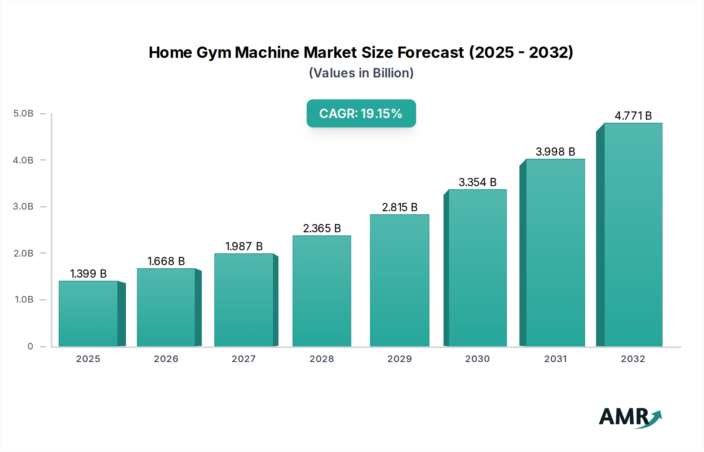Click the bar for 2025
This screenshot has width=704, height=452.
tap(88, 314)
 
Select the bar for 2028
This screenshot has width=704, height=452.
tap(322, 291)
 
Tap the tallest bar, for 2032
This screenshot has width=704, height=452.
tap(633, 235)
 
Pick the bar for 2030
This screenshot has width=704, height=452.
tap(478, 268)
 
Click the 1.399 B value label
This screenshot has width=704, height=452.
tap(88, 274)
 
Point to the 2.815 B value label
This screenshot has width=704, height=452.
tap(400, 207)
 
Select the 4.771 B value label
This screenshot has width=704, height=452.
tap(633, 116)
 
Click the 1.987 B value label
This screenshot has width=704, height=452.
tap(244, 246)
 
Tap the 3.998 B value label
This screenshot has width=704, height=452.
tap(555, 152)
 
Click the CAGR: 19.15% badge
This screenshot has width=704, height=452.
tap(361, 113)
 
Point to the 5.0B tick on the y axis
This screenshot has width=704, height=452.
tap(23, 113)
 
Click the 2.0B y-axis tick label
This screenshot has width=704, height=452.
tap(23, 253)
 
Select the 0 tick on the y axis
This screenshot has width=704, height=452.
tap(30, 346)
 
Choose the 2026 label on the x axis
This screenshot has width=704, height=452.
tap(166, 359)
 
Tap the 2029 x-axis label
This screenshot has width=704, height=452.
tap(400, 359)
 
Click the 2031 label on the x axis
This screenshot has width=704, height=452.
tap(555, 359)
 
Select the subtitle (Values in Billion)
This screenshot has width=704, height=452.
tap(361, 73)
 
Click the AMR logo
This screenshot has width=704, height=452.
tap(630, 417)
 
